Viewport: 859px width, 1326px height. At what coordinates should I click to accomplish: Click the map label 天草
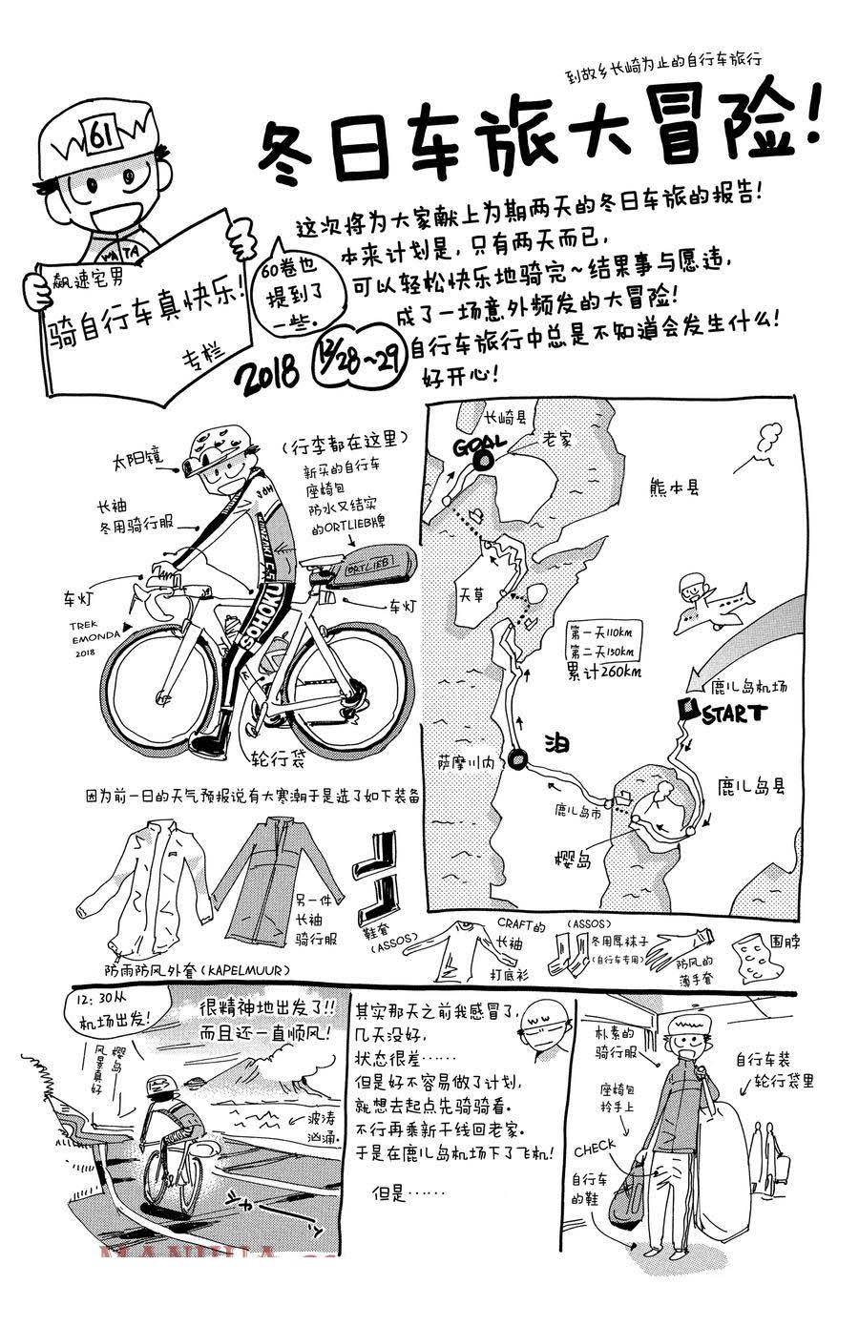pos(471,593)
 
